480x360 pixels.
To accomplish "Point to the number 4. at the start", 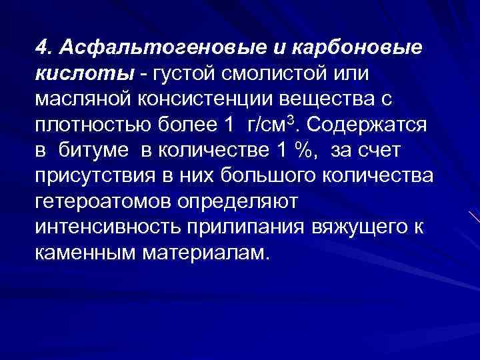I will pos(44,48).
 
